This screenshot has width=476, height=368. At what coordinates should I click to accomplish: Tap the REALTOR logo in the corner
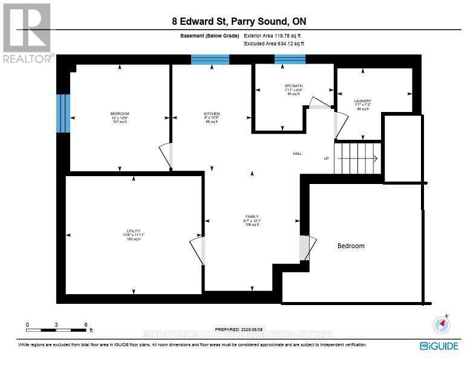(x=27, y=33)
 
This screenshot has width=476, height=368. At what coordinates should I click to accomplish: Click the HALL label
(x=297, y=154)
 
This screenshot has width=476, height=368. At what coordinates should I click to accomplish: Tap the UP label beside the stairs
(x=327, y=159)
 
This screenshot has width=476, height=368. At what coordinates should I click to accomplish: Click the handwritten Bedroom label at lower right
(x=351, y=246)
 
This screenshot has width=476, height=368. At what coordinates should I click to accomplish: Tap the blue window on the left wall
(x=64, y=113)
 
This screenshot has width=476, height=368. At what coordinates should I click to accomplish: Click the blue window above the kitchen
(x=210, y=59)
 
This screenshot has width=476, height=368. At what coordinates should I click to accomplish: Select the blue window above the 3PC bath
(x=290, y=59)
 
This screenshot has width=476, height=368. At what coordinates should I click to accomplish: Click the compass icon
(x=442, y=325)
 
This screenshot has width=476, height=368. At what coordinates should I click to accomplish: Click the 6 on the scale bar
(x=86, y=325)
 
